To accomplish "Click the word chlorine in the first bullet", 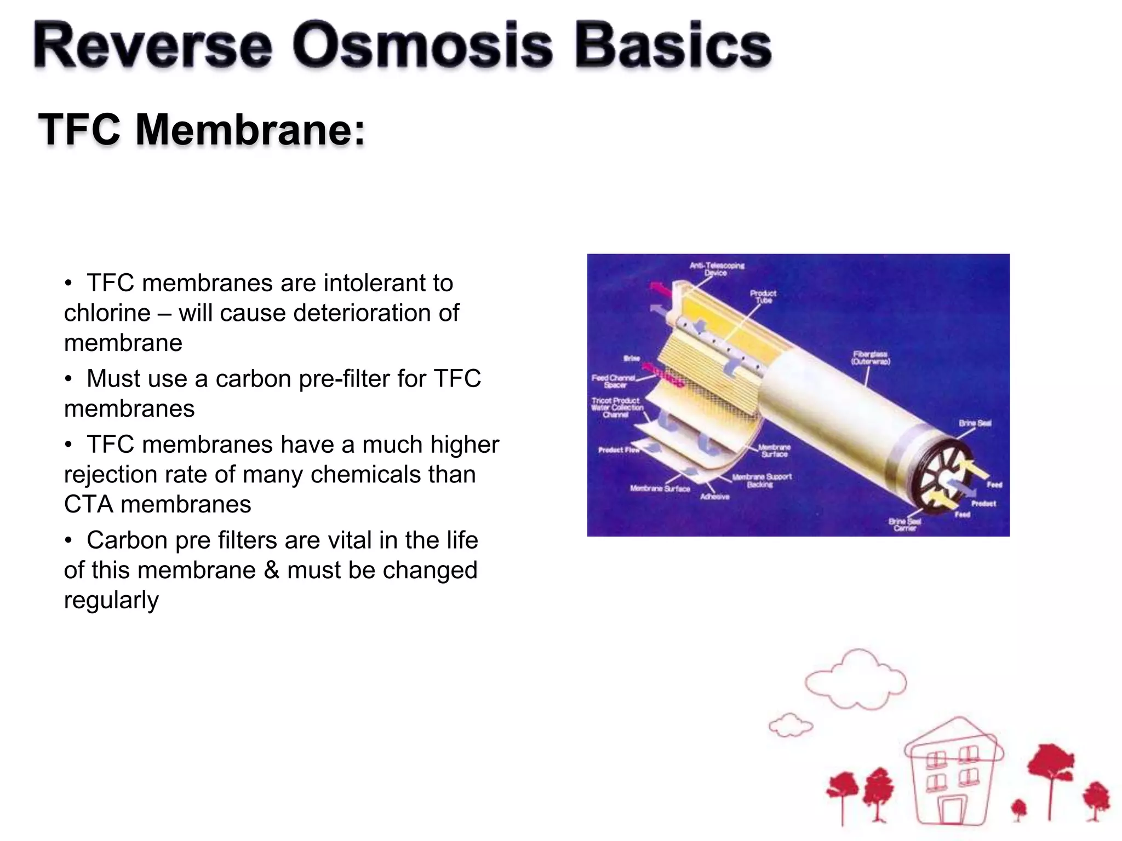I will coord(107,313).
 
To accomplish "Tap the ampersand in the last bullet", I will coord(271,570).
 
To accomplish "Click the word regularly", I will coord(111,600).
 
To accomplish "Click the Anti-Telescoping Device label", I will coord(716,269).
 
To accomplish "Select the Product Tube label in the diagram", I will coord(763,296).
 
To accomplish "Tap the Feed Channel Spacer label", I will coord(613,381).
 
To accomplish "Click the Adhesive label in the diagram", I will coord(714,497).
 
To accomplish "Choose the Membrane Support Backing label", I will coord(762,480).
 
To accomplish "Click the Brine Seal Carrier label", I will coord(905,525).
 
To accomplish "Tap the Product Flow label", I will coord(619,450).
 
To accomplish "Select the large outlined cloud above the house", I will coord(855,680).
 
